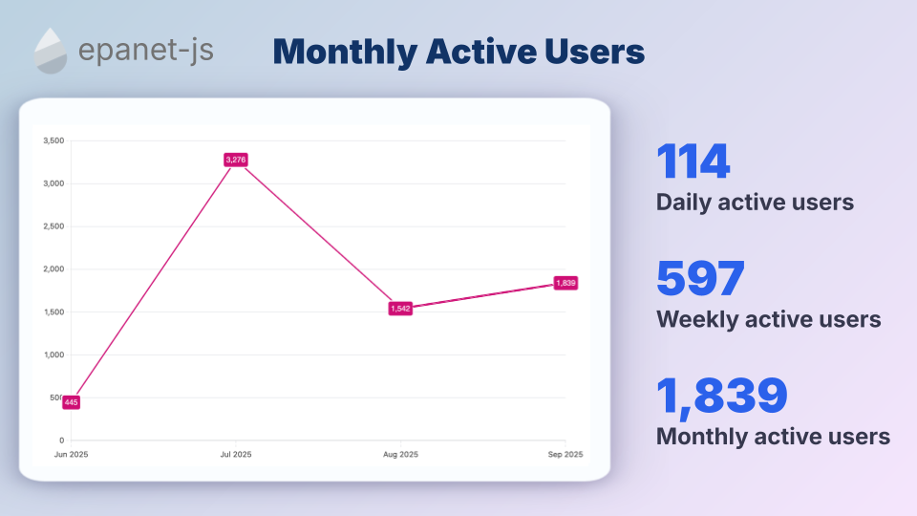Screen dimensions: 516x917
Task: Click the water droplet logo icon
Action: tap(51, 51)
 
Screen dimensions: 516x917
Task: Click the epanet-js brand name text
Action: tap(146, 51)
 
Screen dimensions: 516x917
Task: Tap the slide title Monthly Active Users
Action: tap(458, 52)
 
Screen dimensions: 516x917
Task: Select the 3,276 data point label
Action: tap(236, 160)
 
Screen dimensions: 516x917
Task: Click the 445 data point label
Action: tap(71, 402)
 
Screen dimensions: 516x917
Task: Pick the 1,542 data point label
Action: tap(400, 309)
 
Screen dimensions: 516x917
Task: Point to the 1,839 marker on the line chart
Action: tap(565, 283)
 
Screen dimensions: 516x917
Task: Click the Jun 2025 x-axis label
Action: tap(71, 454)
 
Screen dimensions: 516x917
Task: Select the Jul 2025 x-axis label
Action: tap(236, 454)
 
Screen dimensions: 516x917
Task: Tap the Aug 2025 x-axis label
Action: tap(400, 454)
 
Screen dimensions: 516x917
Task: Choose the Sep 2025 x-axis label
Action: tap(565, 454)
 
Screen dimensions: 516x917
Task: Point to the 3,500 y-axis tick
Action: tap(53, 140)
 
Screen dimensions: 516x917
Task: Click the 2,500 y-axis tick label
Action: tap(53, 226)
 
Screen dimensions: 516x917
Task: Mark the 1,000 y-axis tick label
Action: tap(53, 355)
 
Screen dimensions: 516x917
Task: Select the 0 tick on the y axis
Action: tap(61, 441)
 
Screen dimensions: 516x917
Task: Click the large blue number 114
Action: tap(693, 162)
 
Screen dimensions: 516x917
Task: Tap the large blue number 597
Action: tap(700, 279)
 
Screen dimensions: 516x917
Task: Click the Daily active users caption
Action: tap(755, 203)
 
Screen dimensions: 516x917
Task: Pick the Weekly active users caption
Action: tap(768, 319)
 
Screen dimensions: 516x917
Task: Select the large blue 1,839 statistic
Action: tap(722, 397)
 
